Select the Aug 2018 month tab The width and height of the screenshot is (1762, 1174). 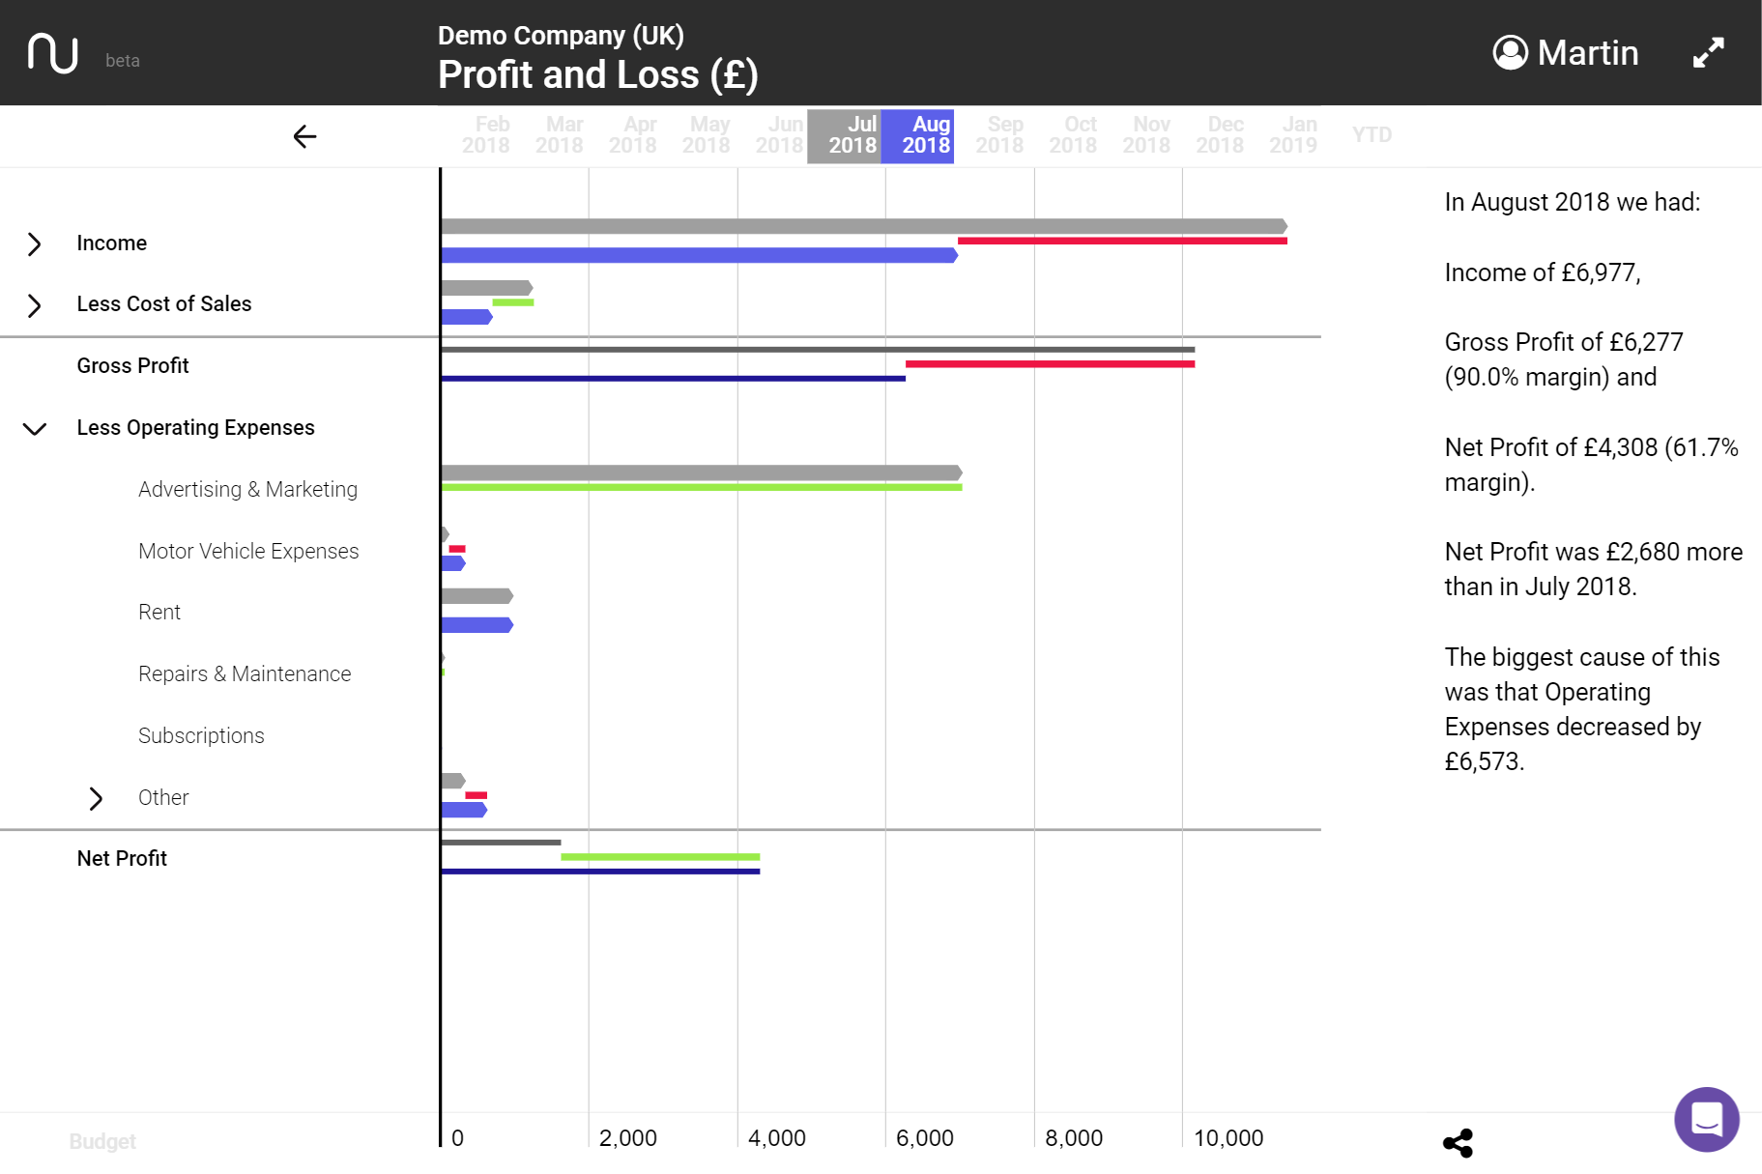pyautogui.click(x=918, y=135)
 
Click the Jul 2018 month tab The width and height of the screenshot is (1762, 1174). pyautogui.click(x=845, y=135)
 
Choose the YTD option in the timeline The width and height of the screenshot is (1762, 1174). pyautogui.click(x=1372, y=135)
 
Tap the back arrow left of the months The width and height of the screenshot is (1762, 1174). pyautogui.click(x=304, y=136)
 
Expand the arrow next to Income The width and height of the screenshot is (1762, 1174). pyautogui.click(x=35, y=243)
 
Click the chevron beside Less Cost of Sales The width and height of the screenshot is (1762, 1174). pyautogui.click(x=35, y=305)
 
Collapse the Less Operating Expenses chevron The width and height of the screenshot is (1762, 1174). pyautogui.click(x=35, y=428)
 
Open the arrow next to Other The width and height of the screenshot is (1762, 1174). pyautogui.click(x=96, y=798)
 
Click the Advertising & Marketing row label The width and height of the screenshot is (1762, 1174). pyautogui.click(x=247, y=490)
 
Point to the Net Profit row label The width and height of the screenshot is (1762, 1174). pyautogui.click(x=122, y=859)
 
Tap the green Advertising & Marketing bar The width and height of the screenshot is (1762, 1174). pyautogui.click(x=701, y=488)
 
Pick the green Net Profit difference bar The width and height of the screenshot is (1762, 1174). pyautogui.click(x=660, y=857)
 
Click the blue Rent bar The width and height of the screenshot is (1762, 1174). pyautogui.click(x=477, y=625)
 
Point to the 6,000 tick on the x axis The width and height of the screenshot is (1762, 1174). pyautogui.click(x=925, y=1138)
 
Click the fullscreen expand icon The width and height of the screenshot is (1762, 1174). pyautogui.click(x=1708, y=52)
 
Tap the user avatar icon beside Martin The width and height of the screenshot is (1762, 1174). pyautogui.click(x=1510, y=53)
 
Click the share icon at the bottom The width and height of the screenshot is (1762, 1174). pyautogui.click(x=1458, y=1143)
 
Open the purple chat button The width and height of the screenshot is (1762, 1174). pyautogui.click(x=1706, y=1119)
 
